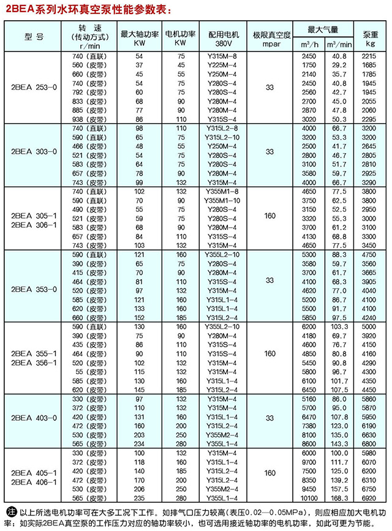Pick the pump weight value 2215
(369, 56)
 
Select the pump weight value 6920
(369, 498)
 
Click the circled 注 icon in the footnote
(9, 512)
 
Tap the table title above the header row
(85, 9)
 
